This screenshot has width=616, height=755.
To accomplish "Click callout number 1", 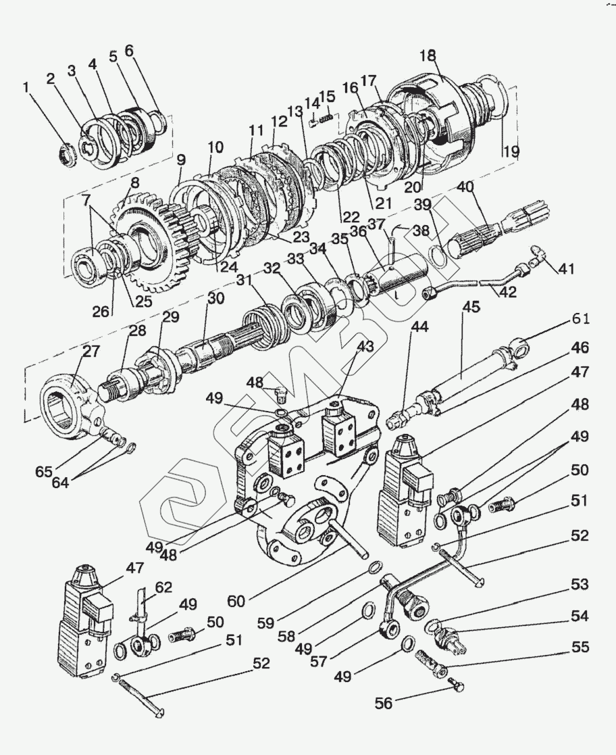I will (26, 87).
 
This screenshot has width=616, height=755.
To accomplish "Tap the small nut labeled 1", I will (68, 154).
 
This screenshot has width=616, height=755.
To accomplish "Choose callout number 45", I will (471, 308).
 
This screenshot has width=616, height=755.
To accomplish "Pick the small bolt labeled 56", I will (458, 687).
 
